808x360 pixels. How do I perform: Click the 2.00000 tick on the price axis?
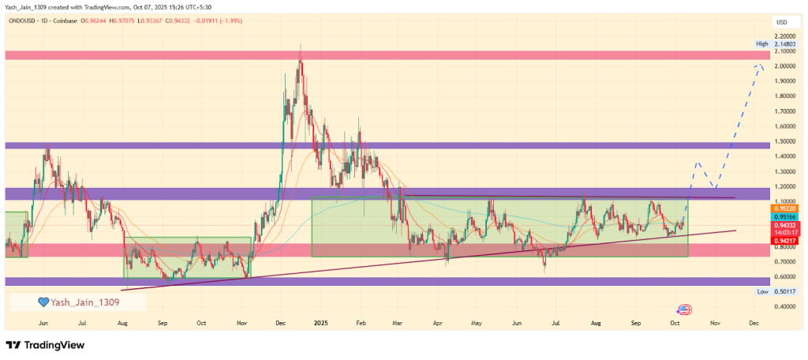point(784,66)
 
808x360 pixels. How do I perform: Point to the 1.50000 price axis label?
point(784,141)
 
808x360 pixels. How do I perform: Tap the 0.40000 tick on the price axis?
point(784,306)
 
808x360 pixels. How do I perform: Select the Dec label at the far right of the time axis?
point(754,324)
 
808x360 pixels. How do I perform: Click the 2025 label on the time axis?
point(319,324)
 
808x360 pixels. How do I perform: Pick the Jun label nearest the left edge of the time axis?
point(43,324)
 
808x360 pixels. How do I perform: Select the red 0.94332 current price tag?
point(784,225)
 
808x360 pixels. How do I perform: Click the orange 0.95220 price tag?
point(784,209)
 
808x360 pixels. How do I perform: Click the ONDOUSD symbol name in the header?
point(24,21)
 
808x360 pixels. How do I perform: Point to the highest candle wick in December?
point(300,46)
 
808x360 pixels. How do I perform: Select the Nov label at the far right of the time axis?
point(714,324)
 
